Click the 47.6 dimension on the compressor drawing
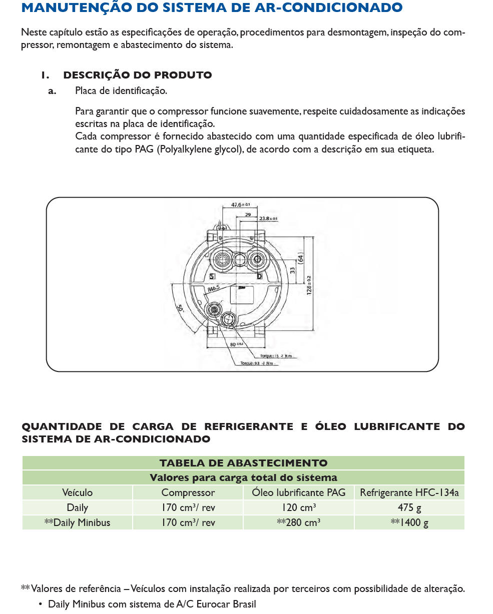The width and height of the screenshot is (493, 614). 240,204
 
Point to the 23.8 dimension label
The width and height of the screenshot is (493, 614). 268,218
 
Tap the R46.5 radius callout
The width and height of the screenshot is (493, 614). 214,288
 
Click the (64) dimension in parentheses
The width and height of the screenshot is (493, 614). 301,258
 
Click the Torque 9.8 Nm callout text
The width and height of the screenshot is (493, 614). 259,363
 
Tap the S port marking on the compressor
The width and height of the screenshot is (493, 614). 212,276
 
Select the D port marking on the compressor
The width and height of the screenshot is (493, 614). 259,276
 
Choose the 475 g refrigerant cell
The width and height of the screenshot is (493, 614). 409,507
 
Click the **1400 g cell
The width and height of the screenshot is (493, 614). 409,522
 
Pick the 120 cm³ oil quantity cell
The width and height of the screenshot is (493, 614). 298,507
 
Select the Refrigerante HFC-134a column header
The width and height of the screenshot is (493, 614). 409,492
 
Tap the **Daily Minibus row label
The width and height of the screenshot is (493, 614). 77,522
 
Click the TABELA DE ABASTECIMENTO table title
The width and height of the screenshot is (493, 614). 243,463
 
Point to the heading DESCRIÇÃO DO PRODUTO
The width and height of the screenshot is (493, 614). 137,75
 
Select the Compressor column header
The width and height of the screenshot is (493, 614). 188,492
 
